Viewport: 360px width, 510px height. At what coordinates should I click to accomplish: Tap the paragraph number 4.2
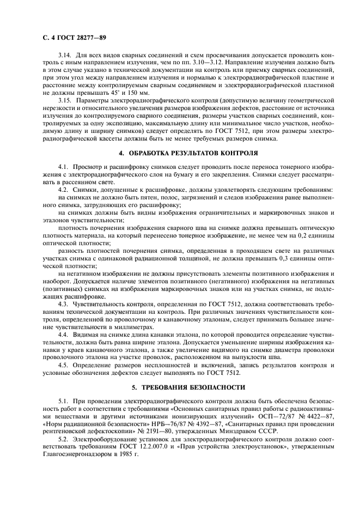(x=62, y=189)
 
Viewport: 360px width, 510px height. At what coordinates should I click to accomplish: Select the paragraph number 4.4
(x=62, y=334)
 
